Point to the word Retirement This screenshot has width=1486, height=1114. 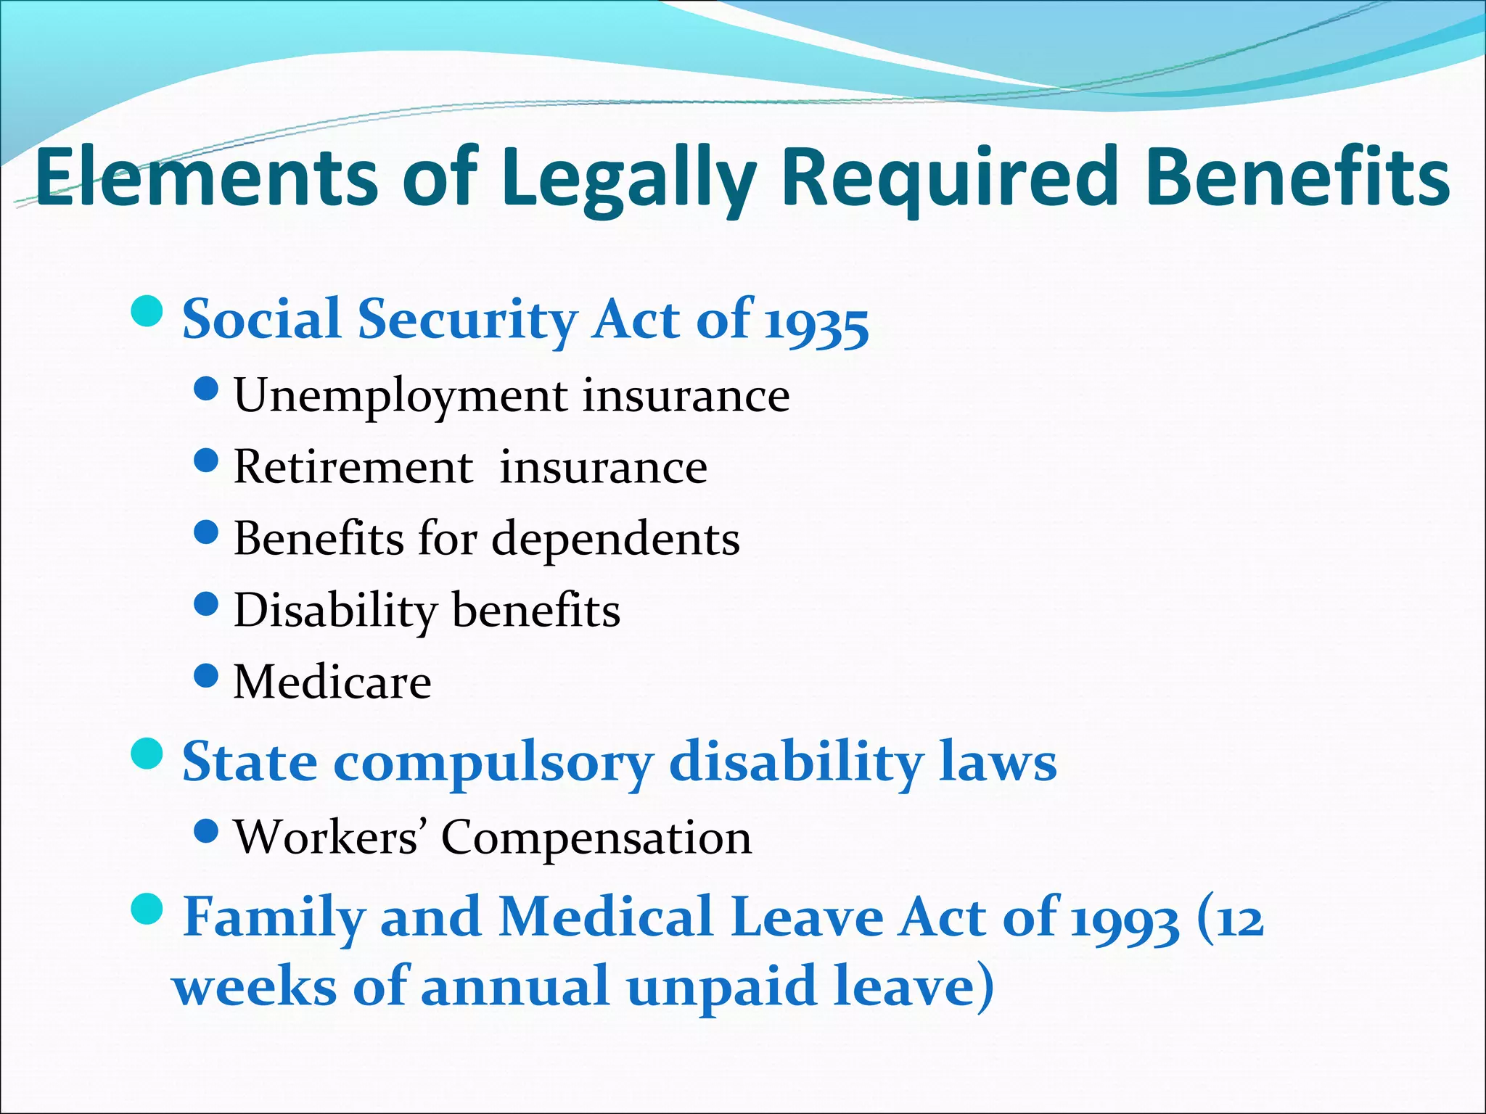(x=353, y=467)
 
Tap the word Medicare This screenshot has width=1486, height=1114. (x=332, y=682)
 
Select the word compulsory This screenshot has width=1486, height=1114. (x=493, y=764)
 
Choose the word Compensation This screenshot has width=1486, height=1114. (x=596, y=838)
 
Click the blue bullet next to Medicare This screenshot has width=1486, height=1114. (x=207, y=676)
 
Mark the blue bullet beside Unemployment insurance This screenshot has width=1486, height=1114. (x=207, y=389)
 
